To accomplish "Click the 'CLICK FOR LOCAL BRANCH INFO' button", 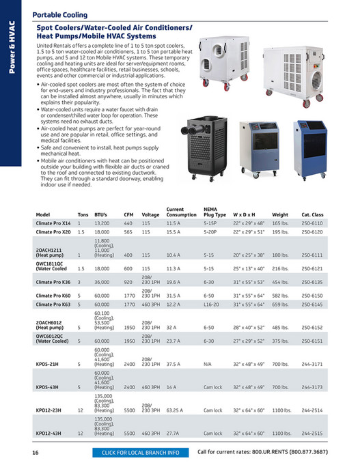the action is [x=140, y=453].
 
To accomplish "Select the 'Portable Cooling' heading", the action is [x=60, y=14].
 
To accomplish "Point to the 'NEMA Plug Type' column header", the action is [x=214, y=212].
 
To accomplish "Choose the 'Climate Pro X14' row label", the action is [x=53, y=223].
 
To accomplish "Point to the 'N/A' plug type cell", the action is [x=208, y=365].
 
